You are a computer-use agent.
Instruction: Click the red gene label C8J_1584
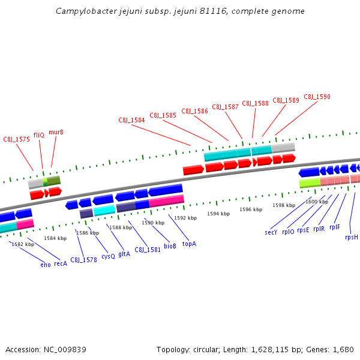point(131,120)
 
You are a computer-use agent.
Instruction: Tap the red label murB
point(56,132)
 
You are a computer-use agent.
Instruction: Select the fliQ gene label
point(39,135)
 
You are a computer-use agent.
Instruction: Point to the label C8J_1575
point(16,139)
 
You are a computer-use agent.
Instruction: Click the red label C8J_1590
point(317,97)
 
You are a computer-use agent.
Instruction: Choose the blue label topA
point(189,244)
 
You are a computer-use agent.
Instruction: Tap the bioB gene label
point(170,246)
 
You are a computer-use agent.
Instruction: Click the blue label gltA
point(124,254)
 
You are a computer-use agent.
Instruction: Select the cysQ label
point(108,256)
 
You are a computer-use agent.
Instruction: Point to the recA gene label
point(61,263)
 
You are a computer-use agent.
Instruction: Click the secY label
point(271,232)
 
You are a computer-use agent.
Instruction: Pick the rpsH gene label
point(351,237)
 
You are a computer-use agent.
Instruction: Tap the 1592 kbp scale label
point(185,218)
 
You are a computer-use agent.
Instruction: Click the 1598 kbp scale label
point(284,205)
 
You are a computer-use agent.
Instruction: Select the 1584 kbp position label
point(55,238)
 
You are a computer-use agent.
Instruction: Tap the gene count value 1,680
point(343,349)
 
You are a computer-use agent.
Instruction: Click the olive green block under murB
point(54,180)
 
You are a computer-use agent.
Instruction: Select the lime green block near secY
point(310,182)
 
